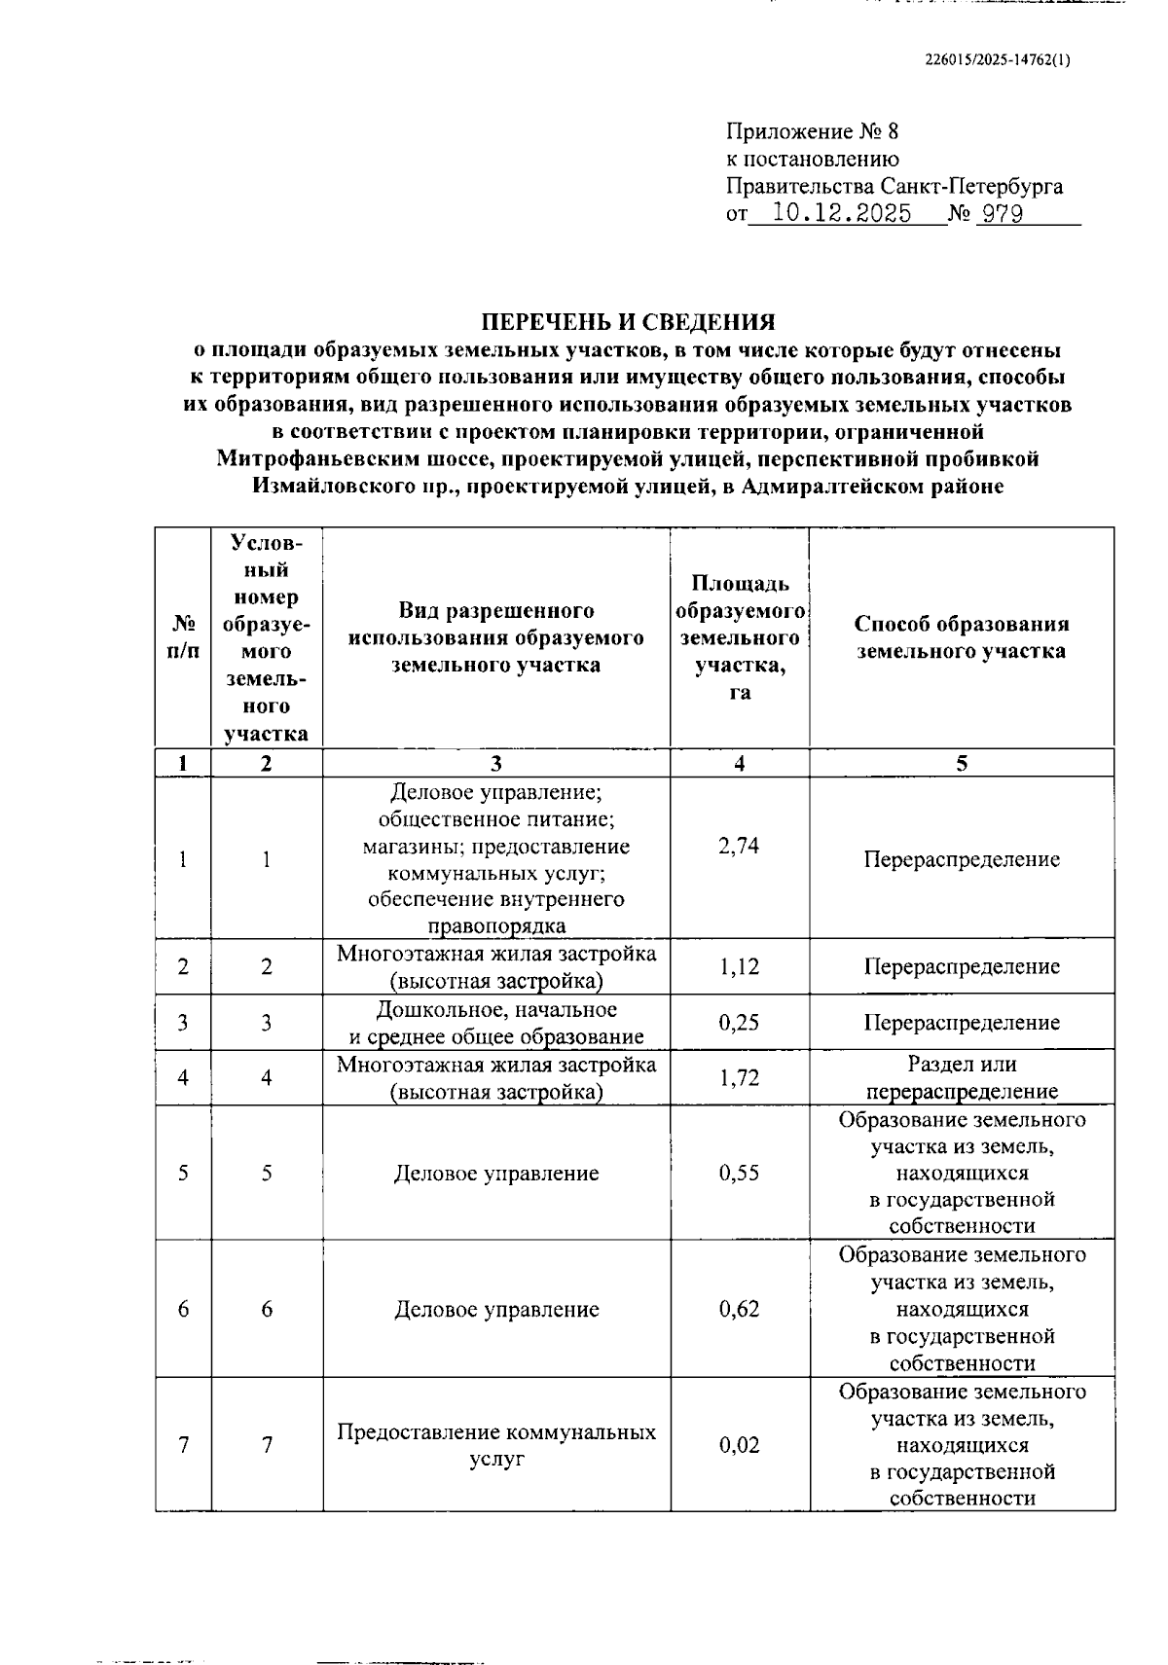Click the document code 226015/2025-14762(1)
coord(997,59)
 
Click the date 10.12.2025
coord(841,214)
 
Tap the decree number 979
coord(1002,214)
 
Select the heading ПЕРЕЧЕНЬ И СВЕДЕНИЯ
coord(629,322)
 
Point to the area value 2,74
coord(739,846)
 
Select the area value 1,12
coord(739,966)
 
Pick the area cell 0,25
coord(739,1023)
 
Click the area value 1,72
coord(739,1078)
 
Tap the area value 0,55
coord(739,1173)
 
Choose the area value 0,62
coord(739,1309)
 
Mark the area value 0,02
coord(739,1445)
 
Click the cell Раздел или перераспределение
coord(962,1078)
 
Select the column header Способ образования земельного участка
coord(962,637)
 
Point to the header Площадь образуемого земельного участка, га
coord(739,637)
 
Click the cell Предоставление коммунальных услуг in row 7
coord(496,1445)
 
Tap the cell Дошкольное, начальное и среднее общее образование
coord(496,1023)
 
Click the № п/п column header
coord(183,637)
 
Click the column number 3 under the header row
coord(496,763)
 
